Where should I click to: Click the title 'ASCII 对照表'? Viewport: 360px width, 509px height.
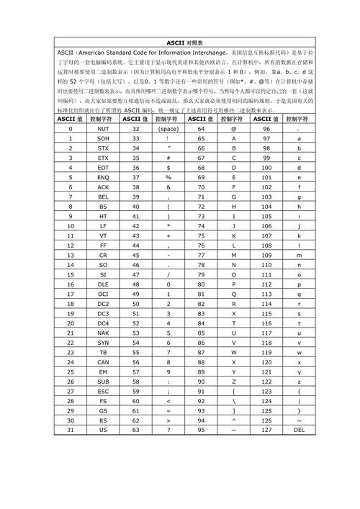point(179,42)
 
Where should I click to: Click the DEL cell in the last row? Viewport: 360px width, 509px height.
point(299,430)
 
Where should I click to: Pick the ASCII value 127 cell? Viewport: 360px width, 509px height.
point(266,430)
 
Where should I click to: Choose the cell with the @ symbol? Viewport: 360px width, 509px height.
point(233,128)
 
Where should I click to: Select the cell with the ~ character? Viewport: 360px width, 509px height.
point(299,420)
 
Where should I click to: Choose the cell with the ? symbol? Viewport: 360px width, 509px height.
point(168,430)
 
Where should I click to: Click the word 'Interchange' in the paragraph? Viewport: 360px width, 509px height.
point(201,53)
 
